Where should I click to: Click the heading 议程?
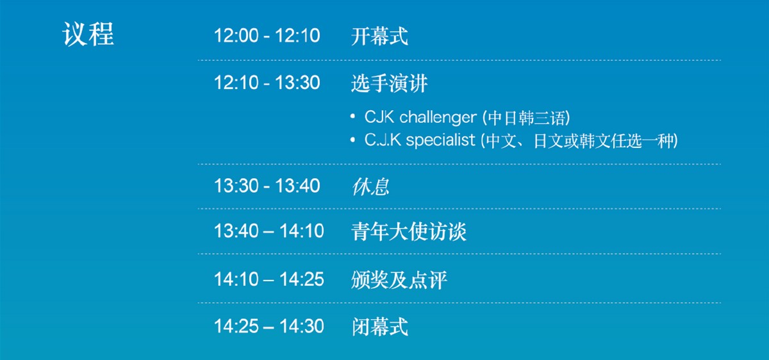[88, 34]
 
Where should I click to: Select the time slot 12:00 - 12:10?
[267, 35]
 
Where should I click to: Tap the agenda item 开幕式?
[379, 36]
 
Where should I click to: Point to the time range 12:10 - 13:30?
[267, 83]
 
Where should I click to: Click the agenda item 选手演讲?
[390, 83]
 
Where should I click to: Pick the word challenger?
[438, 118]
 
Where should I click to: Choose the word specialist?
[440, 140]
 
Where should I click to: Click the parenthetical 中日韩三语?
[526, 118]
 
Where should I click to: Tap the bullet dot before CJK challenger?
[352, 117]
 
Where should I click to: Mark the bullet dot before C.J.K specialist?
[352, 140]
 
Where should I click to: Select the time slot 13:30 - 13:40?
[267, 186]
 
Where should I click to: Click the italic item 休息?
[370, 186]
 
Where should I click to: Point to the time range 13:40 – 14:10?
[269, 231]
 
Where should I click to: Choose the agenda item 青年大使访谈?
[409, 231]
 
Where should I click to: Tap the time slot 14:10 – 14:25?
[269, 279]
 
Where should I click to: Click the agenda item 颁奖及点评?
[399, 280]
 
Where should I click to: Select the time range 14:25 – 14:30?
[269, 326]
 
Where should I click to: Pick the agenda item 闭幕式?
[379, 327]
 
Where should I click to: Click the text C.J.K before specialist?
[383, 140]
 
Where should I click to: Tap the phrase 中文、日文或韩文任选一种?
[579, 141]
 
